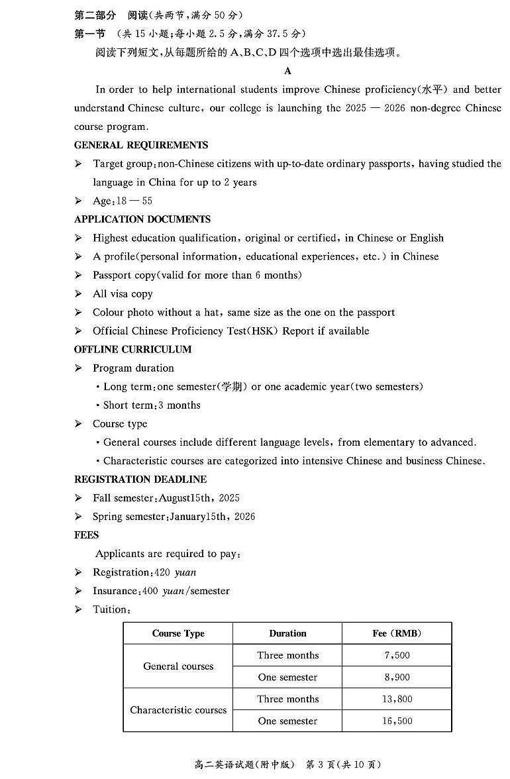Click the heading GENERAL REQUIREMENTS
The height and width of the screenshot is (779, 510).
141,145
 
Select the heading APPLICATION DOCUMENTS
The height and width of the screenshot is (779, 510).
142,219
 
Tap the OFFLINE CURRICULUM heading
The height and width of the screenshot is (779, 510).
132,349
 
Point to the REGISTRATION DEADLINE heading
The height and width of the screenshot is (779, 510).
140,479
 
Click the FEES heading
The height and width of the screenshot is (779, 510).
87,535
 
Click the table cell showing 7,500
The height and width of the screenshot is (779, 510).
397,655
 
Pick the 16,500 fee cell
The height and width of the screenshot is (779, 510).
397,721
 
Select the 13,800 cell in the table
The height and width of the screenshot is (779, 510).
397,699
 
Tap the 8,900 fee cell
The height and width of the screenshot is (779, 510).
397,677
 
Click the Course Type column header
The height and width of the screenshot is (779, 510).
178,633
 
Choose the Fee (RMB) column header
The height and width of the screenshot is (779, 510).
397,633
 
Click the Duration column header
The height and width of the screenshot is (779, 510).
287,633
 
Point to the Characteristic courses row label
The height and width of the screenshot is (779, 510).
178,709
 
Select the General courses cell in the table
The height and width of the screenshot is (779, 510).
178,666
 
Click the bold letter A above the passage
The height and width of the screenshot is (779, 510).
287,71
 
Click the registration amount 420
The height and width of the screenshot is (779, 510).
162,572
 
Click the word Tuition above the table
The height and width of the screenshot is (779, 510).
110,609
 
